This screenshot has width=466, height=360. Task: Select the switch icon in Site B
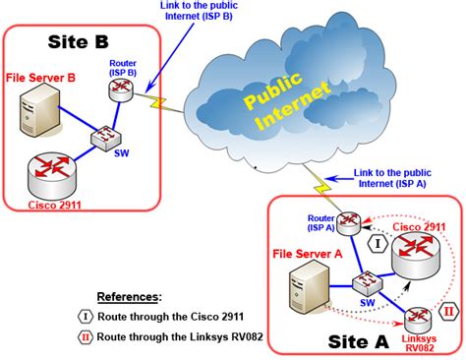coord(102,139)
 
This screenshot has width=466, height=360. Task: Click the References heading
coord(129,296)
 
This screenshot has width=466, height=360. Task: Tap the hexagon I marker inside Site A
coord(379,241)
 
